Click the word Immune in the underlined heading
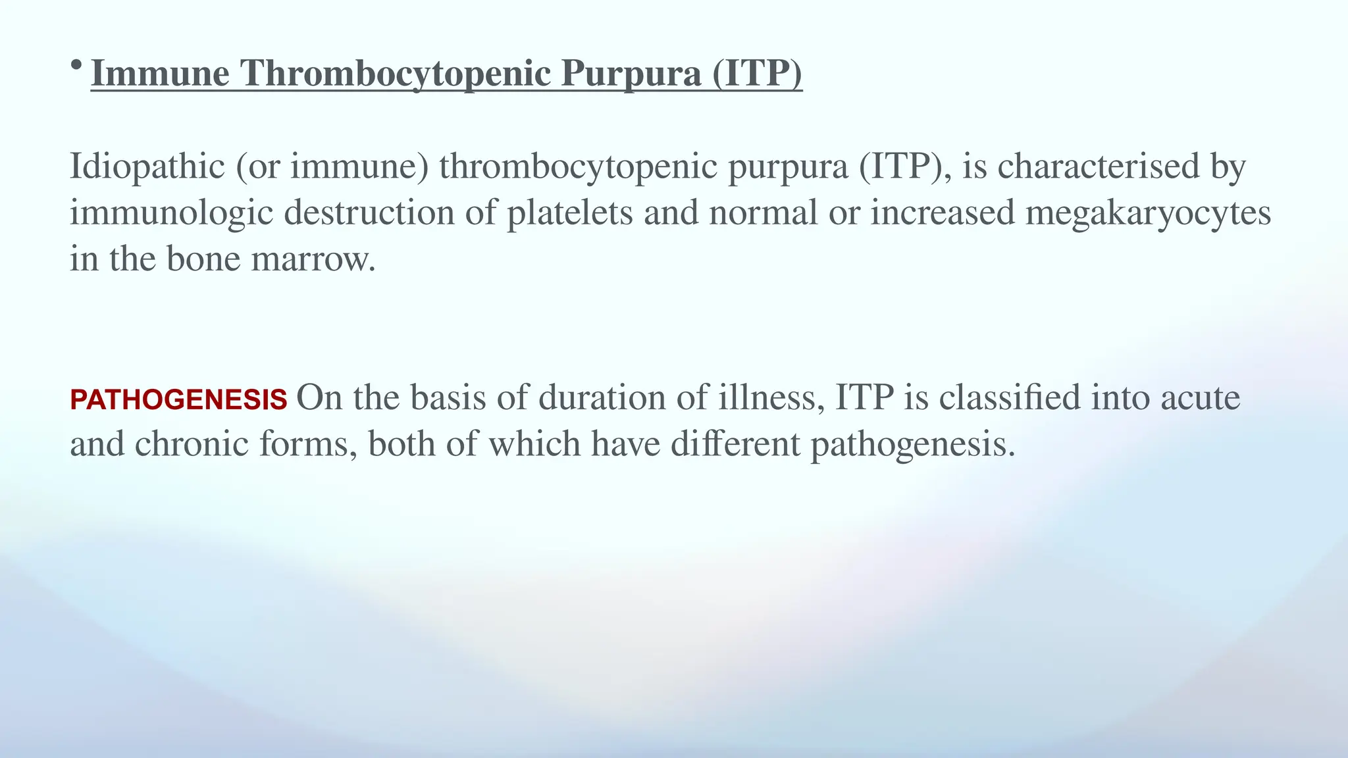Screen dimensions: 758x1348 click(x=160, y=73)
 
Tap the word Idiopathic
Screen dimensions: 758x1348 click(x=147, y=166)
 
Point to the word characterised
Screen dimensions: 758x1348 click(x=1099, y=166)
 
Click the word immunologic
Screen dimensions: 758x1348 click(x=171, y=213)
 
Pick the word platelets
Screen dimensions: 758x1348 click(x=569, y=213)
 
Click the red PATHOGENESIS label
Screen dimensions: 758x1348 click(x=178, y=400)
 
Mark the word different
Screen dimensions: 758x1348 click(x=735, y=444)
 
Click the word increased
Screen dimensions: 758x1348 click(x=943, y=213)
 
